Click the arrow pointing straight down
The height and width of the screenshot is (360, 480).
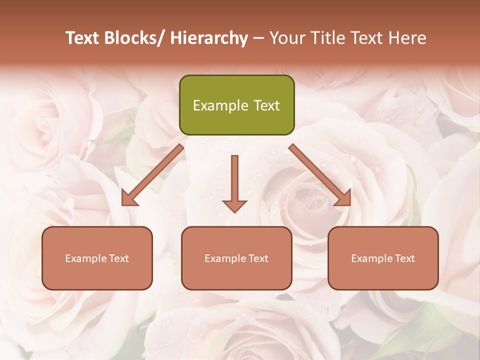pos(234,183)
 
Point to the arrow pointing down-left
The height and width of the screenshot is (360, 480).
pos(152,175)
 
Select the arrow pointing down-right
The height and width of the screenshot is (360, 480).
pos(320,175)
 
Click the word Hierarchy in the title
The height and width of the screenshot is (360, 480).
pos(208,38)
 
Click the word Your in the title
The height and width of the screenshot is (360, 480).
pos(286,38)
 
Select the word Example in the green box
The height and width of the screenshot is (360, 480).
pos(220,105)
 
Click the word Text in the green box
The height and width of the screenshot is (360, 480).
pos(267,105)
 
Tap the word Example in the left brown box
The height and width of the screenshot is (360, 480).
pos(85,258)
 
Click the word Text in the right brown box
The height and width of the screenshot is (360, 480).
pos(404,258)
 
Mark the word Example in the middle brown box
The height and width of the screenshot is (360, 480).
pos(225,258)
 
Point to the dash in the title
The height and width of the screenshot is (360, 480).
pos(259,38)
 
